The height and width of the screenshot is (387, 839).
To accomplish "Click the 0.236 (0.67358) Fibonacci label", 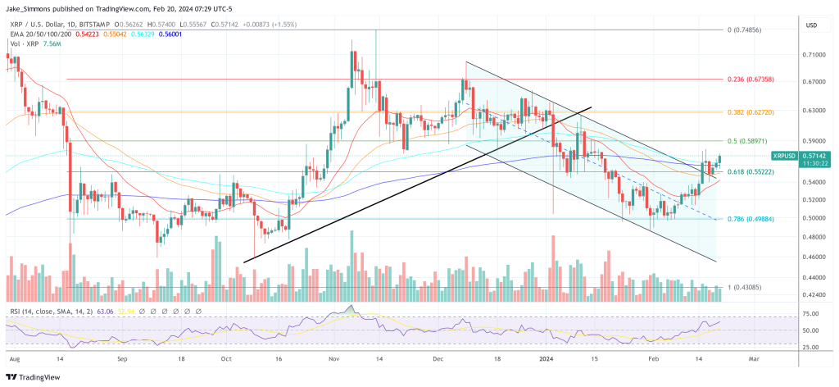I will [751, 80].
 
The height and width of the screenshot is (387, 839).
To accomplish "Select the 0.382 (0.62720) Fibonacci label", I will [751, 111].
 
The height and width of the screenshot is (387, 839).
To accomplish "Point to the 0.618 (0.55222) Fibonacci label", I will [751, 172].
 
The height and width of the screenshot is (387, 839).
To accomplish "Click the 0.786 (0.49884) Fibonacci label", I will [751, 219].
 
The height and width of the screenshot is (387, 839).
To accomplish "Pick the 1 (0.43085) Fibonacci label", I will [746, 287].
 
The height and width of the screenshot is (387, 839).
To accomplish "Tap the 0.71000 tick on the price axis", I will [814, 55].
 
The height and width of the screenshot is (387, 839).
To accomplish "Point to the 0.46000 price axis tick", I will [814, 257].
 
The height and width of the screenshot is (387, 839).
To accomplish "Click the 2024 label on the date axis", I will [548, 358].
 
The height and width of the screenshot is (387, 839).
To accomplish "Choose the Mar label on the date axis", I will [754, 358].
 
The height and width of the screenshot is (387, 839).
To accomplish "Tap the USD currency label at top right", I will [811, 25].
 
